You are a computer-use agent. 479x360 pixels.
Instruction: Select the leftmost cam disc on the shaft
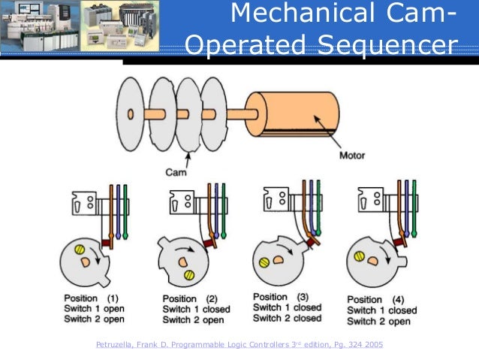pos(132,114)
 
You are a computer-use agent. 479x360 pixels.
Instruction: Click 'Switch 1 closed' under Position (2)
pos(197,310)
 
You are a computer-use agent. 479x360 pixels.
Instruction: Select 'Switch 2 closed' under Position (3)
pos(288,318)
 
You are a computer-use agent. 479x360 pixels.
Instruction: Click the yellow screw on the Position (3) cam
pos(264,263)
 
